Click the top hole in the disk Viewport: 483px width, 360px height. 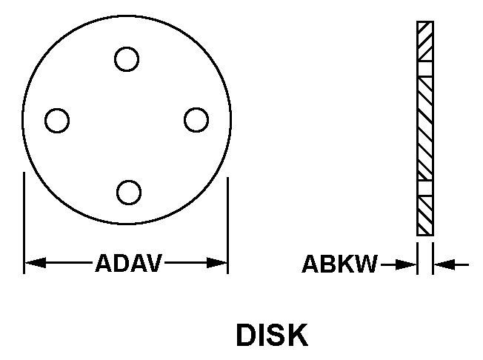point(127,59)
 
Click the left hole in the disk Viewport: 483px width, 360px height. point(57,120)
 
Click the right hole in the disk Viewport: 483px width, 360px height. point(196,120)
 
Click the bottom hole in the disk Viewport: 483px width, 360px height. point(129,191)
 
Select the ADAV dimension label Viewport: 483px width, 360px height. point(128,263)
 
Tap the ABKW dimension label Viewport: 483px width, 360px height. point(339,264)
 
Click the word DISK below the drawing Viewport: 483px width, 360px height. point(271,335)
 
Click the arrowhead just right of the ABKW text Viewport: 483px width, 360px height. point(407,263)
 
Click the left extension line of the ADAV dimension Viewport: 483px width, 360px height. point(24,222)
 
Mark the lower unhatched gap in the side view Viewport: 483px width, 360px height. point(425,188)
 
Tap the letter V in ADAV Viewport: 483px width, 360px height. point(153,263)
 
